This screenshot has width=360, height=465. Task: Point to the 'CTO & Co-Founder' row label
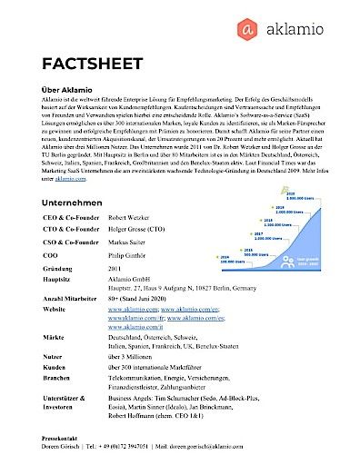tap(69, 232)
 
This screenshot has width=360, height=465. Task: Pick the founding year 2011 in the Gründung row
tap(115, 270)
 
